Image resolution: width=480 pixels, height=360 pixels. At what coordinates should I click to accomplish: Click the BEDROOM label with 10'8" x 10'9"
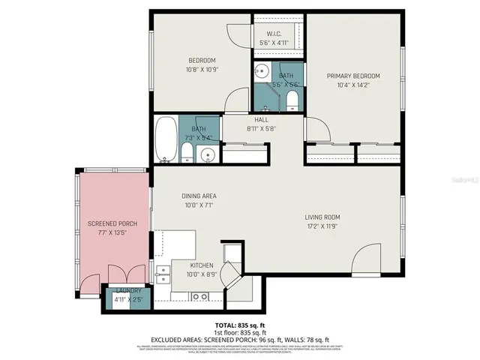[202, 61]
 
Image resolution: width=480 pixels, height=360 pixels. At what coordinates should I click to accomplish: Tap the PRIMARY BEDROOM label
[353, 76]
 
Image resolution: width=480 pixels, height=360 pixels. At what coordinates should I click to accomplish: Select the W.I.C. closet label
[274, 34]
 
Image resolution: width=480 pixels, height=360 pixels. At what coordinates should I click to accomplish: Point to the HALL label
[261, 119]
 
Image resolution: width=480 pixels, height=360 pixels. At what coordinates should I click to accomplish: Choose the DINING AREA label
[199, 196]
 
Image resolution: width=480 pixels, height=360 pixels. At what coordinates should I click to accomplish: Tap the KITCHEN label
[202, 265]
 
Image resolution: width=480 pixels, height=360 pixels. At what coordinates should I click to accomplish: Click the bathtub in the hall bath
[166, 140]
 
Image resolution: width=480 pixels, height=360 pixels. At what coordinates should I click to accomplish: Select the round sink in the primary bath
[262, 73]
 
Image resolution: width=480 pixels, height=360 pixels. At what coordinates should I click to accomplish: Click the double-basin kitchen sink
[199, 297]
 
